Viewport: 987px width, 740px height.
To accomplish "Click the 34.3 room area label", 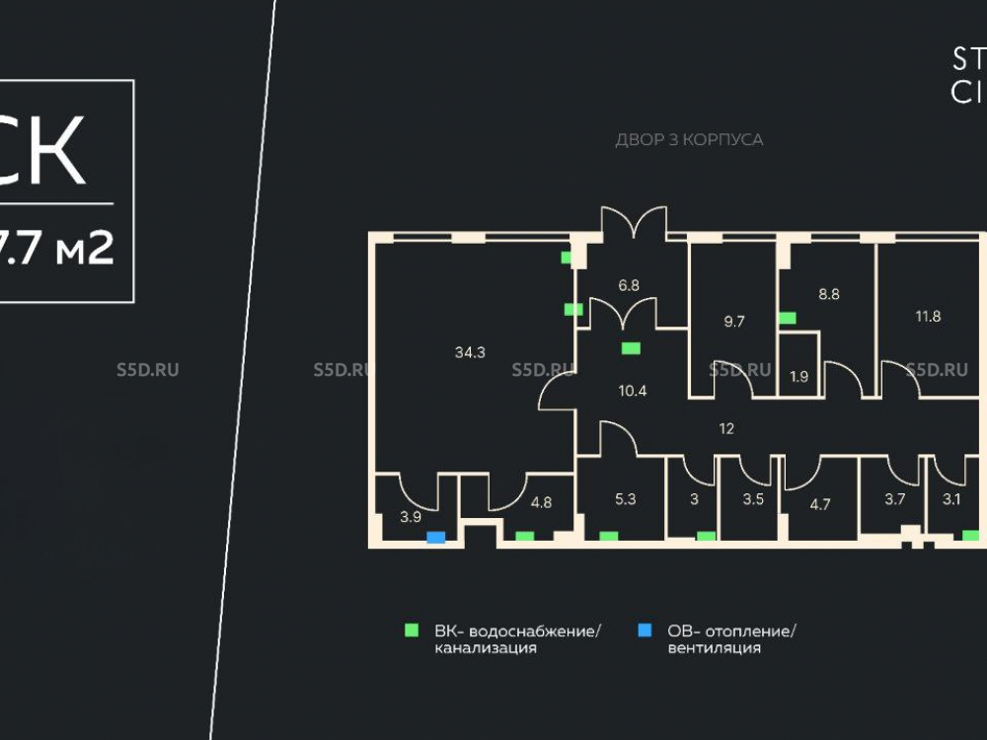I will click(x=471, y=352).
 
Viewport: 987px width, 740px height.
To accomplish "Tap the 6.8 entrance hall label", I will click(x=629, y=285).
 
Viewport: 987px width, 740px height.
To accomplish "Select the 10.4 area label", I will click(x=632, y=390).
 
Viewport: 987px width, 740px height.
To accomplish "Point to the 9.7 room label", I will click(x=734, y=322).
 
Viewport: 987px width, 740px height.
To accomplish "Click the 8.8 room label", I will click(x=828, y=293).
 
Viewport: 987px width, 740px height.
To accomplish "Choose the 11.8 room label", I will click(x=928, y=317).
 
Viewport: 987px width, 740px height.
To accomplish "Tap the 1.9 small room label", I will click(x=799, y=376).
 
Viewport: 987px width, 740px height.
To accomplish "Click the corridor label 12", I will click(x=727, y=428).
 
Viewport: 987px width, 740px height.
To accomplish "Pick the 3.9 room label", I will click(x=410, y=516).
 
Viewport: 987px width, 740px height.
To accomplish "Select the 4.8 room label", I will click(x=541, y=501).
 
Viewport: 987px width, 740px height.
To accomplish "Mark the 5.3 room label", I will click(x=625, y=499).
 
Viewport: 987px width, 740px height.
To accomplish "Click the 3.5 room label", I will click(x=753, y=499).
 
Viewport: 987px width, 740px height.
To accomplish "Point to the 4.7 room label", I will click(x=820, y=503).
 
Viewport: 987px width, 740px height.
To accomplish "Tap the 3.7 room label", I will click(x=894, y=499).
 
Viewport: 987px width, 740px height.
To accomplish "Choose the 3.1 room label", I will click(x=951, y=499).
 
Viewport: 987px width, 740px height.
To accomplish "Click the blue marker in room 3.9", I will click(x=435, y=538).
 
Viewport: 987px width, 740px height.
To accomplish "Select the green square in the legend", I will click(x=413, y=629).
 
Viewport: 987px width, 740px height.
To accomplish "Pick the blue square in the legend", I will click(x=645, y=629).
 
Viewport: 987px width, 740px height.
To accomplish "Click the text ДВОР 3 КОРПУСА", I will click(x=689, y=140).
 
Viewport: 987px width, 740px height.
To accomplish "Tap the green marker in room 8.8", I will click(x=788, y=318).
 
